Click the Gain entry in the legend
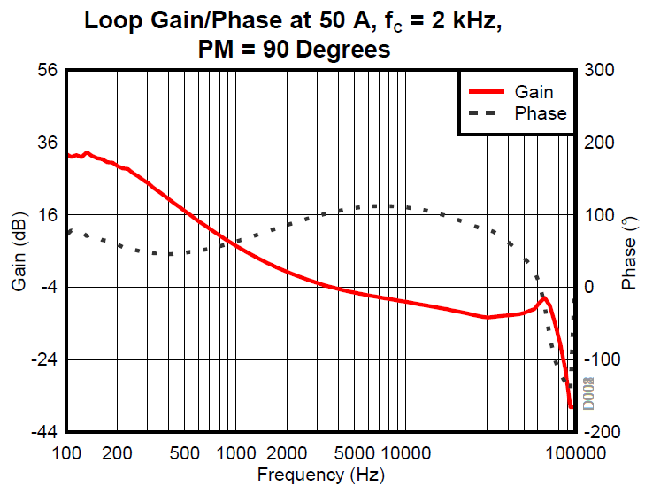tap(534, 91)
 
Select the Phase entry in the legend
tap(540, 113)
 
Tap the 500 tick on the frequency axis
tap(184, 453)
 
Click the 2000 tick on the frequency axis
tap(286, 453)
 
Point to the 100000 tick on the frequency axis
tap(574, 453)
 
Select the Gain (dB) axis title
tap(19, 251)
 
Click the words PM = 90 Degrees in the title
tap(295, 50)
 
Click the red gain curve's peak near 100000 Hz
tap(544, 299)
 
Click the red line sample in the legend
tap(486, 91)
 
